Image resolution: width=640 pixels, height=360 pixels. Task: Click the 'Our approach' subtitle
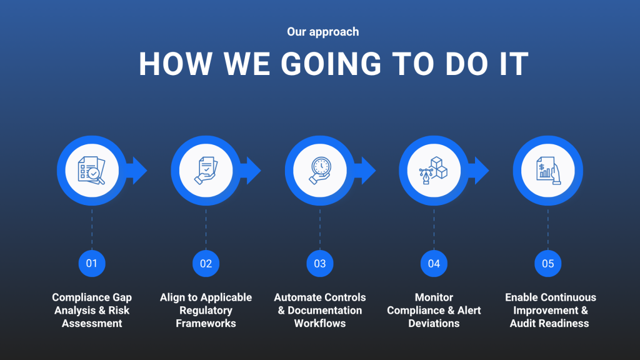click(x=323, y=32)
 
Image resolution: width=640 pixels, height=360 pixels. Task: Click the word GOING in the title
click(x=331, y=64)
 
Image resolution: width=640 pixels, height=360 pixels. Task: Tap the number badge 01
click(x=92, y=264)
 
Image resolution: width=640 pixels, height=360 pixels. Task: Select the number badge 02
click(x=206, y=264)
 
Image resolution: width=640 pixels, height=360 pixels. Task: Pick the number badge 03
click(x=320, y=264)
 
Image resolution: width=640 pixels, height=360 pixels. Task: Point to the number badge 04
click(x=434, y=264)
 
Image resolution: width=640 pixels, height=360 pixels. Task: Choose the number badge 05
click(x=547, y=264)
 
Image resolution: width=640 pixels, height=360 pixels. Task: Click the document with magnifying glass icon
click(x=91, y=171)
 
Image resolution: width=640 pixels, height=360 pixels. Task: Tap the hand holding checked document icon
click(x=206, y=171)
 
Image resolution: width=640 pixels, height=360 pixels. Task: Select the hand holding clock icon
click(x=320, y=171)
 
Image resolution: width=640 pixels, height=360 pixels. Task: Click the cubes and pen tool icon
click(x=434, y=171)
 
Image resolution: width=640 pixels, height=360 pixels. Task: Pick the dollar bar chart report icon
click(x=548, y=171)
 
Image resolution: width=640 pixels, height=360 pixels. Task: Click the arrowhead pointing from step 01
click(x=138, y=171)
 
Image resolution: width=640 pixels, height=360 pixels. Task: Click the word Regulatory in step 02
click(x=206, y=311)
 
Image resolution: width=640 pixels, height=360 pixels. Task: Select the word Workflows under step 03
click(x=320, y=323)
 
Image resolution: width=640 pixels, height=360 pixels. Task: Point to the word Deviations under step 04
click(x=434, y=323)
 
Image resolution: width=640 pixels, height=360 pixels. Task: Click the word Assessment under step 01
click(x=92, y=323)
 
